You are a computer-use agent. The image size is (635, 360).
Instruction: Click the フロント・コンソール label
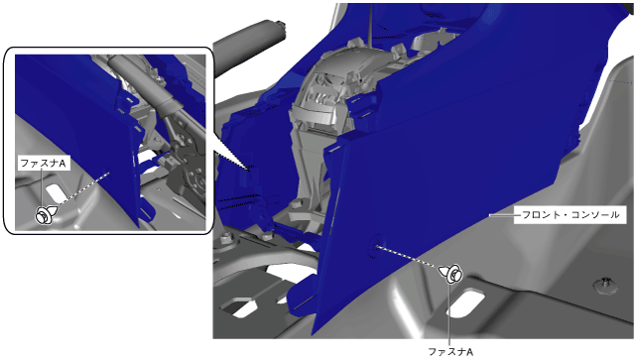point(571,214)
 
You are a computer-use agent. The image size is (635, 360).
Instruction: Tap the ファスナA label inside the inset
point(43,164)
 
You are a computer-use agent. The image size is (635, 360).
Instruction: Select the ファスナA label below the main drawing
point(450,351)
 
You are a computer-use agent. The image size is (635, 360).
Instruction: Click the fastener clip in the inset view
point(46,214)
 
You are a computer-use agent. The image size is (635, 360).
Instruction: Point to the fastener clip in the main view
point(451,274)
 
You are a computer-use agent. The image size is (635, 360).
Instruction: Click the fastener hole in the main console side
point(375,246)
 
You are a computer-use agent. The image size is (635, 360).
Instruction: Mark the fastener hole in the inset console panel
point(108,172)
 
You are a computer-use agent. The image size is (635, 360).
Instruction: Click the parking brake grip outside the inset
point(249,46)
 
